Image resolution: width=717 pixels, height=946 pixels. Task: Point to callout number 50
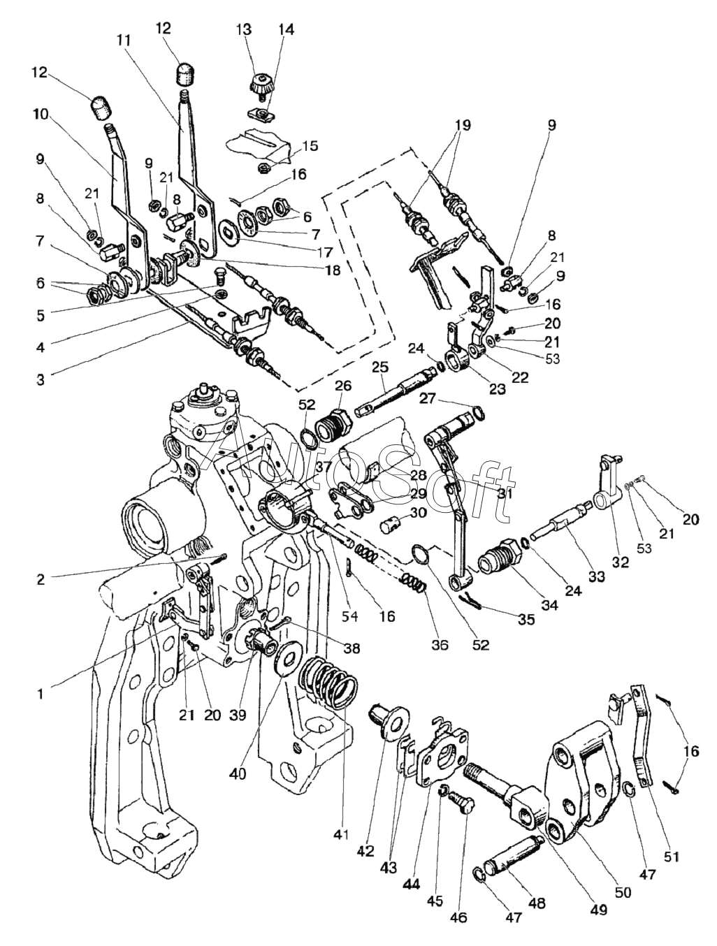coord(623,892)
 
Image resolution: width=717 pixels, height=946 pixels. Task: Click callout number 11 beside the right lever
coord(124,41)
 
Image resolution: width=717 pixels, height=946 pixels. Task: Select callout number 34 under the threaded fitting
coord(549,606)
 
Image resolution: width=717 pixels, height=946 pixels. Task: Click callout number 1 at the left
coord(41,693)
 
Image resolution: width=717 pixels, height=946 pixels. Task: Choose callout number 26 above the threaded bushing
coord(342,385)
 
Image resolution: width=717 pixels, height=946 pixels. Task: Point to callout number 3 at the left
coord(41,379)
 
